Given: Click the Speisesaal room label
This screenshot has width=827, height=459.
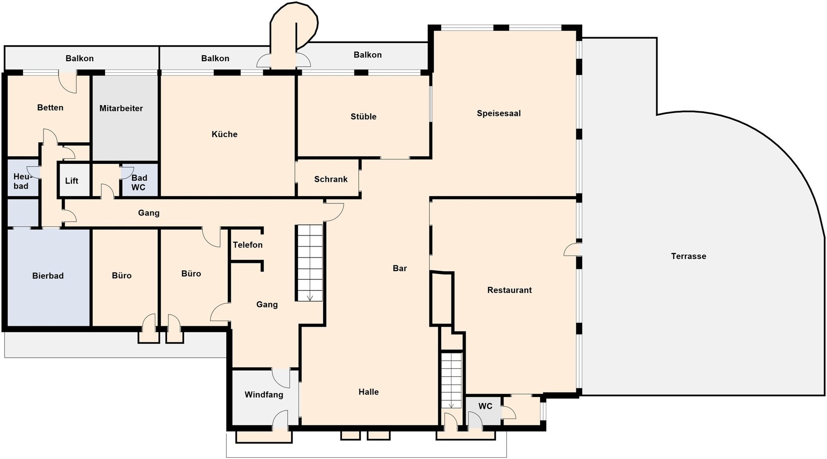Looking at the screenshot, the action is point(498,113).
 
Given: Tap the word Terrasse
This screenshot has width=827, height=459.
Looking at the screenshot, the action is point(688,256).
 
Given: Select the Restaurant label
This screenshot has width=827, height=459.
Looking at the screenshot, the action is point(509,290).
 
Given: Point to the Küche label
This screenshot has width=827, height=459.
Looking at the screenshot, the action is point(224,134).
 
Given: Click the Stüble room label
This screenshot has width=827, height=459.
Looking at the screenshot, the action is point(363,116).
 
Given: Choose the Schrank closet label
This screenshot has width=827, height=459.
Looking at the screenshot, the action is point(330,179).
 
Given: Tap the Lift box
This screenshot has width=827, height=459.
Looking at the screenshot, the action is point(72,181).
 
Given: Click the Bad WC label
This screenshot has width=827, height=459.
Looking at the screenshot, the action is point(139,182).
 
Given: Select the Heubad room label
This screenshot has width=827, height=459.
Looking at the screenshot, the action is point(22,181).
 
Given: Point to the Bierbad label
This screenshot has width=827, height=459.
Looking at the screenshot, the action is point(48,276).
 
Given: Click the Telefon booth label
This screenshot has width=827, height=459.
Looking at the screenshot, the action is point(248,245).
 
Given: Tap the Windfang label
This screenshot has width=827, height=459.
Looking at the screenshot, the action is point(264,394).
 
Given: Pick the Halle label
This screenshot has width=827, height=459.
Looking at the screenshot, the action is point(368,392).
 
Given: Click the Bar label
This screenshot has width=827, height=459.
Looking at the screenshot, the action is point(400,268).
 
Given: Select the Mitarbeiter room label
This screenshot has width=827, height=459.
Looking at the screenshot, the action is point(121,108).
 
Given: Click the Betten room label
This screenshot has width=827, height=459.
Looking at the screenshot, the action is point(50,108).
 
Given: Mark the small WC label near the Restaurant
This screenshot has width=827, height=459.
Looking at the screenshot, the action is point(485,406).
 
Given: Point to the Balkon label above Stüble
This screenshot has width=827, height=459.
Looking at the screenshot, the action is point(367,55).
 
